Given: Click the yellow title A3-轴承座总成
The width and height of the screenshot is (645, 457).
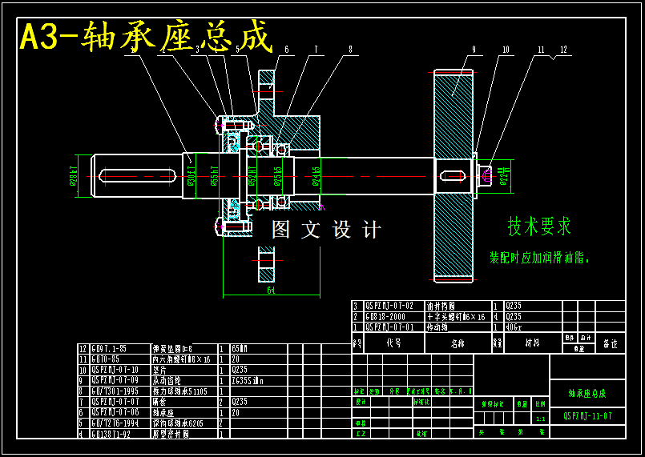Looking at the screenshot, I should click(x=146, y=37).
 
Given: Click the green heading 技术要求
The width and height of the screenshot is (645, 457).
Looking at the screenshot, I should click(x=538, y=226).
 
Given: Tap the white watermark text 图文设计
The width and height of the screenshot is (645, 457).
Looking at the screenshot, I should click(x=326, y=231).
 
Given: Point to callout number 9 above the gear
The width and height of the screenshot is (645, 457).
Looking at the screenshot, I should click(x=474, y=50).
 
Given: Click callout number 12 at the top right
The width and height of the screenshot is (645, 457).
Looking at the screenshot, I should click(x=564, y=50).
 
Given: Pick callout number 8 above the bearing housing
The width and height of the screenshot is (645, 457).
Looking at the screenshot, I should click(x=350, y=50).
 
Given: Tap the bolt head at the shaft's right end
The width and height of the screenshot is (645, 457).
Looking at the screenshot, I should click(x=486, y=175).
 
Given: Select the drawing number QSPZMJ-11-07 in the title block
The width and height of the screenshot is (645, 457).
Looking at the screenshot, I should click(x=587, y=416).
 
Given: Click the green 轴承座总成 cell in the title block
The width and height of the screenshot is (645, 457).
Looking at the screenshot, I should click(x=587, y=394).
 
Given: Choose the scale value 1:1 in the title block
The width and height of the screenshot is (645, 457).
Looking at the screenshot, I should click(x=540, y=419).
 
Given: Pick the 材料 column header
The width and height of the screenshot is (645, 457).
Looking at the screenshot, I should click(x=531, y=343).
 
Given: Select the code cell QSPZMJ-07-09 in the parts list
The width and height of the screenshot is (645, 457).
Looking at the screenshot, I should click(x=117, y=381).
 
